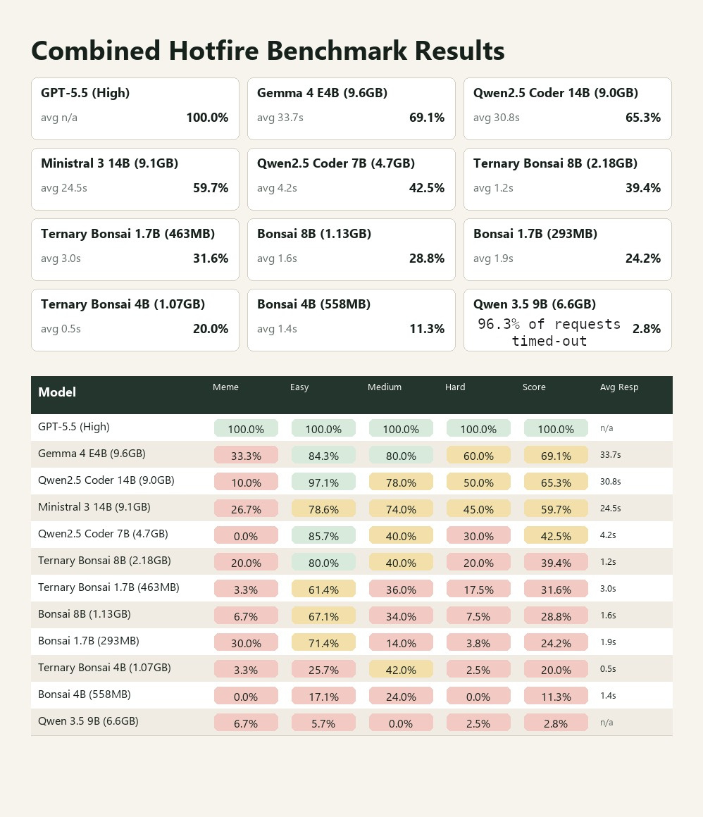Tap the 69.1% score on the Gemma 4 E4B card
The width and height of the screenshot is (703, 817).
coord(426,118)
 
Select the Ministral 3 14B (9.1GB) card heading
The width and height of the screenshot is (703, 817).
coord(109,163)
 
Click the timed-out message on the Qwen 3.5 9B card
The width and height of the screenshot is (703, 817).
coord(549,332)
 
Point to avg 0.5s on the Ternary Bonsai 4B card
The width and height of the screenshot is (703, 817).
coord(61,329)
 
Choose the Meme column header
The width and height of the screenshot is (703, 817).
coord(225,387)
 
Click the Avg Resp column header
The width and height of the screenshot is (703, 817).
coord(619,387)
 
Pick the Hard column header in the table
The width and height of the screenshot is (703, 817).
coord(455,387)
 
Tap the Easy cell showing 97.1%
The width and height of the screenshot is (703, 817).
coord(323,482)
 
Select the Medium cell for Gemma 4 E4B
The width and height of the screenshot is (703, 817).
coord(401,456)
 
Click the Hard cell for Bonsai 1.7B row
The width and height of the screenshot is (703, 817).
coord(478,643)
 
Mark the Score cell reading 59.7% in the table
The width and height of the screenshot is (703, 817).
coord(556,509)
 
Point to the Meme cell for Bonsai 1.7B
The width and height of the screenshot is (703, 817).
coord(246,643)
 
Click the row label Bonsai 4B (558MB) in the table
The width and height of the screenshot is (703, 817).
coord(84,694)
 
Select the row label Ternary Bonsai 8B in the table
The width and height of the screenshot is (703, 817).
coord(104,561)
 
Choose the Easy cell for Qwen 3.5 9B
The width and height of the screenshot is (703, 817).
coord(323,723)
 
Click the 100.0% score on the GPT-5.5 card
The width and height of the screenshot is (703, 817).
coord(207,118)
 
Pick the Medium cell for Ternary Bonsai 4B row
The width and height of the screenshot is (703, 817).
coord(401,670)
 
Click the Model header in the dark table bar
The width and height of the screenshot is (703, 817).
coord(57,392)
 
